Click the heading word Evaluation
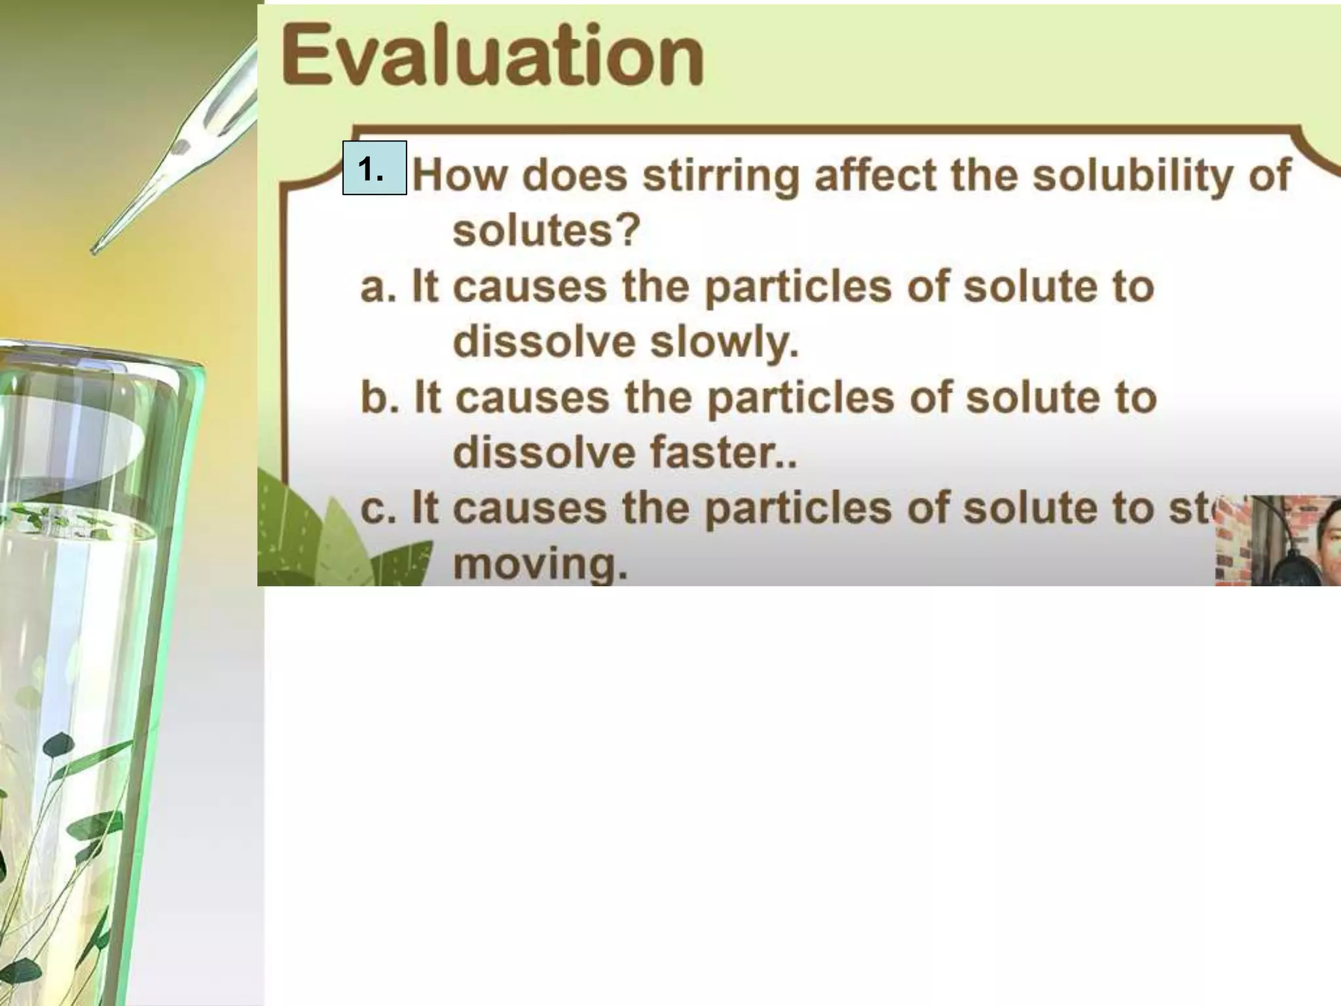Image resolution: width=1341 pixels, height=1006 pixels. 492,56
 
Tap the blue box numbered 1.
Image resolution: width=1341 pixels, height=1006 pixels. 374,168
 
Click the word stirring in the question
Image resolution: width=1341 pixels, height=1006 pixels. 720,176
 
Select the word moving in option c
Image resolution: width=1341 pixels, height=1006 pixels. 540,565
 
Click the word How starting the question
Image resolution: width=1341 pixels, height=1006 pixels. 460,176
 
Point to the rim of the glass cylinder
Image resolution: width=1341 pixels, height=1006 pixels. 98,357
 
